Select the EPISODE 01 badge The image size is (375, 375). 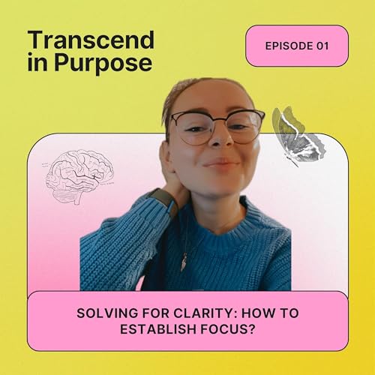click(297, 46)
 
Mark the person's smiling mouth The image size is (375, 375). click(220, 163)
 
